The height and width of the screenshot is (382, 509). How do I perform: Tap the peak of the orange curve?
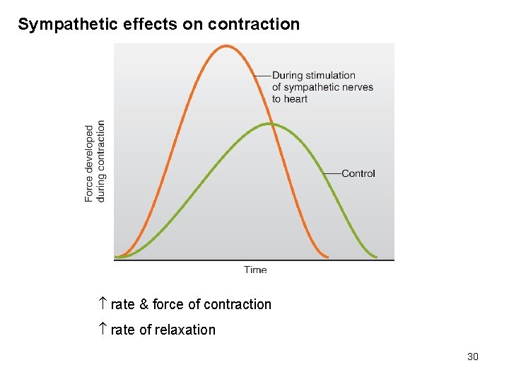pos(226,46)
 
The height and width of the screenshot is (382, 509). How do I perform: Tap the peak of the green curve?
pos(271,124)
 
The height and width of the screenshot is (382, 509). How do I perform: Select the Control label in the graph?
pos(358,173)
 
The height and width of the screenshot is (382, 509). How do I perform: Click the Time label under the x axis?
pos(255,270)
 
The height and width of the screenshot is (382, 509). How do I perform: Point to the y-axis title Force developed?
pos(89,163)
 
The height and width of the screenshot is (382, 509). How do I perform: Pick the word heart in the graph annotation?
pos(296,99)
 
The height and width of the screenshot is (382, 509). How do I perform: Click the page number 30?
pos(473,357)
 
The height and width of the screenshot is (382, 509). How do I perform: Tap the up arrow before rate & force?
pos(102,304)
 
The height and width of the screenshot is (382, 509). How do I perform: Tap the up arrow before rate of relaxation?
pos(102,330)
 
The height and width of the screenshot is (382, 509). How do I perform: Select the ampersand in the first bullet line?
pos(144,304)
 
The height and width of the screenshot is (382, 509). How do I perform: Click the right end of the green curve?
pos(375,257)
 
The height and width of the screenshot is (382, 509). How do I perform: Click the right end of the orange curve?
pos(327,257)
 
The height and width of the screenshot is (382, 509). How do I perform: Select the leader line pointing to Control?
pos(332,173)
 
